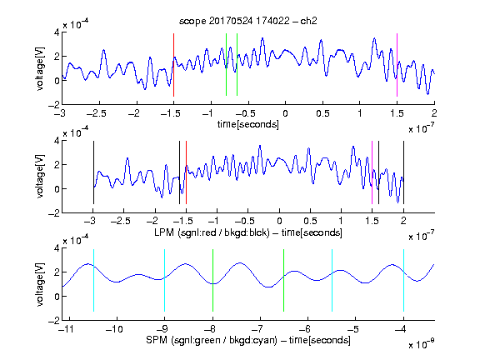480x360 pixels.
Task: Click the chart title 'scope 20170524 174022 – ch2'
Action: [248, 21]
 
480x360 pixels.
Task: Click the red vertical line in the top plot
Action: [173, 65]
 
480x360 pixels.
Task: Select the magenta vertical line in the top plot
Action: [397, 65]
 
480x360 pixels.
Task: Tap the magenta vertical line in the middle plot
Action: [372, 172]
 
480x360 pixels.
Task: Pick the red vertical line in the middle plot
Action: [186, 172]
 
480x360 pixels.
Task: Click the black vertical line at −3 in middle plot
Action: [93, 172]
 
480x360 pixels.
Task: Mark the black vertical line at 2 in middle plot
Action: [404, 172]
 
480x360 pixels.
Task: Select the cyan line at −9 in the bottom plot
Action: [165, 280]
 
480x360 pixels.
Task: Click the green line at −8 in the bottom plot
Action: [212, 280]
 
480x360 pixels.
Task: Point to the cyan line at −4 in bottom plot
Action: [404, 280]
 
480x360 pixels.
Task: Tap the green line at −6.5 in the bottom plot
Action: [284, 280]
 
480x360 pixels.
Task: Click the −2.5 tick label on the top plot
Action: [97, 113]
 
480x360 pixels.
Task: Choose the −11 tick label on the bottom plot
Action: [67, 329]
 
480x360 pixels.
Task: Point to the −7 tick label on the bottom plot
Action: [257, 329]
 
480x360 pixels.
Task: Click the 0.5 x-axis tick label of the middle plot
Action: [310, 221]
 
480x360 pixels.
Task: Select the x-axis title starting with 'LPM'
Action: [248, 232]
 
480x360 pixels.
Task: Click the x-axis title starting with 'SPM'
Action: [248, 340]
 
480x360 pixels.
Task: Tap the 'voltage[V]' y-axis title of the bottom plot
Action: [40, 284]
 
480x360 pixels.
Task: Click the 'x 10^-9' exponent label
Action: [422, 344]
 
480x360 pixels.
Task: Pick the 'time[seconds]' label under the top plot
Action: [248, 124]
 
